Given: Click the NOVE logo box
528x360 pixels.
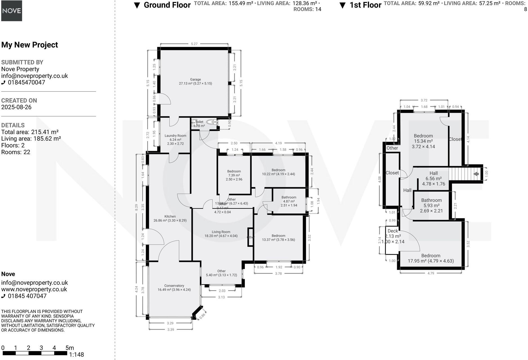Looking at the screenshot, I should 12,11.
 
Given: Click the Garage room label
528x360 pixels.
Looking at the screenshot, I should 195,80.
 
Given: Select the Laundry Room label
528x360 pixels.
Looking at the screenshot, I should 175,136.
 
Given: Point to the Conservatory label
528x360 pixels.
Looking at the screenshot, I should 174,286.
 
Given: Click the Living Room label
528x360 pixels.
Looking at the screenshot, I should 221,232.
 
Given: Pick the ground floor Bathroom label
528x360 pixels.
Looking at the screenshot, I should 289,197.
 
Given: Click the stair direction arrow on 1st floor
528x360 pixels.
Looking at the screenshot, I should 476,174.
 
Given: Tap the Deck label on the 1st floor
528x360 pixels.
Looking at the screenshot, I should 393,231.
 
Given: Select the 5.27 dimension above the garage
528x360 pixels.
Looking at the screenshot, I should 194,44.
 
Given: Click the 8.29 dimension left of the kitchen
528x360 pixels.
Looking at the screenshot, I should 137,208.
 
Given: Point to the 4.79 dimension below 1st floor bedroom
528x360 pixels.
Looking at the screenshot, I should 431,273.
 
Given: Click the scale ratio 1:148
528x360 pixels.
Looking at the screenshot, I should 76,355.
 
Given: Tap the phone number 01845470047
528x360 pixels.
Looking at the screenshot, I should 26,83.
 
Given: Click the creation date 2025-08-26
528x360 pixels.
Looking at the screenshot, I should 16,107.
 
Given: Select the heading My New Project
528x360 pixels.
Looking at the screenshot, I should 30,45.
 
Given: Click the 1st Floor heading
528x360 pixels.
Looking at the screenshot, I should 365,5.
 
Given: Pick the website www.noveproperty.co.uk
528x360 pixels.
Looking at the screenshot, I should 34,289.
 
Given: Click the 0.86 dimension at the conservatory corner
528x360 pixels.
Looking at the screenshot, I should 202,316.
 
